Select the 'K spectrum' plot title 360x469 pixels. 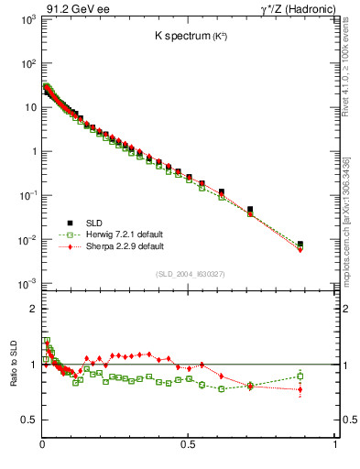(x=187, y=37)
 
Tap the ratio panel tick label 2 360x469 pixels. (x=33, y=310)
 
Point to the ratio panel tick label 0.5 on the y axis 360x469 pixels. (x=28, y=420)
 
